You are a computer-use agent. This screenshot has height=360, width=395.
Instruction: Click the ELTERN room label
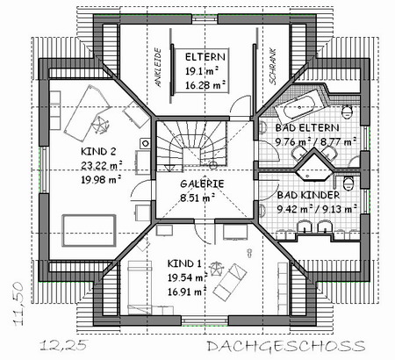coord(205,57)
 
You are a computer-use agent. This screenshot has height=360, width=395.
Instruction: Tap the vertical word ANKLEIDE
coord(158,68)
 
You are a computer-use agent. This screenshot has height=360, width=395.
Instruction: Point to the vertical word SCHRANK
coord(273,67)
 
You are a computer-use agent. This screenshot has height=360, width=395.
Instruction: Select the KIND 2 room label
coord(98,152)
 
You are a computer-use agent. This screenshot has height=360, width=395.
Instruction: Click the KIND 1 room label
coord(184,263)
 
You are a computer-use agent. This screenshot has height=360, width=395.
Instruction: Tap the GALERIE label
coord(202,184)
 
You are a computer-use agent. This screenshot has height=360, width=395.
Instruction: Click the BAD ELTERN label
coord(307,128)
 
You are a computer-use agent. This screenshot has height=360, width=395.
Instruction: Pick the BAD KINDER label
coord(308,195)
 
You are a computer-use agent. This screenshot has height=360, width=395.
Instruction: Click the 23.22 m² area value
coord(102,165)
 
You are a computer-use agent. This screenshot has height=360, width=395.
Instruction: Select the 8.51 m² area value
coord(197,198)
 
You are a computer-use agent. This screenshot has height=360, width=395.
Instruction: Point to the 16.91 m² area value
coord(187,292)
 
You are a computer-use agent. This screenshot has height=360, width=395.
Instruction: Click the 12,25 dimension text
coord(63,345)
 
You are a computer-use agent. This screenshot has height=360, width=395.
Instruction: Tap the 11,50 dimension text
coord(18,304)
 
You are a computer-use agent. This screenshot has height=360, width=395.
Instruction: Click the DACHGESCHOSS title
coord(286,346)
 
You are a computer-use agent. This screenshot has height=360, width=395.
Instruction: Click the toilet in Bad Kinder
coord(348,184)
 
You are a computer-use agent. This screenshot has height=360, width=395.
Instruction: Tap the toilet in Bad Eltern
coord(348,112)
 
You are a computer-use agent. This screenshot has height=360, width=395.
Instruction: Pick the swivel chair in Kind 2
coord(100,125)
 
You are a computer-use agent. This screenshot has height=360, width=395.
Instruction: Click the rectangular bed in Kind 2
coord(90,231)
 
